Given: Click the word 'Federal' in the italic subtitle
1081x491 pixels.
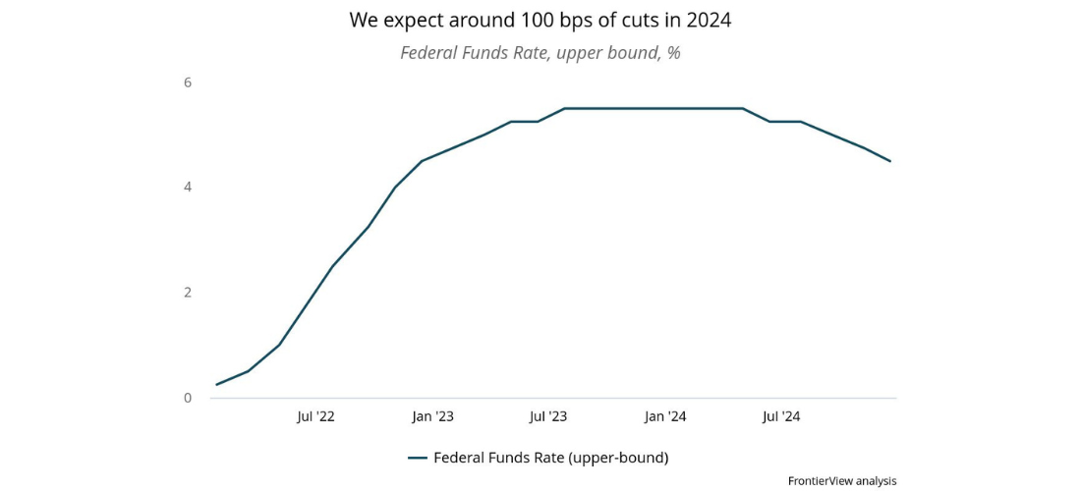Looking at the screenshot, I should click(x=430, y=53).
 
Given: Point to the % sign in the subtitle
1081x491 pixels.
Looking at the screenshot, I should click(x=673, y=53).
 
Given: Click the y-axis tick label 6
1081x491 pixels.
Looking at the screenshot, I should click(x=187, y=82).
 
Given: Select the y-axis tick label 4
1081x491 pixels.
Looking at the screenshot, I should click(x=187, y=188).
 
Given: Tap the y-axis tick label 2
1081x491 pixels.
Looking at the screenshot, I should click(x=187, y=293).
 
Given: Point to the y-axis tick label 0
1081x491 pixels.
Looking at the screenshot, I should click(x=187, y=398).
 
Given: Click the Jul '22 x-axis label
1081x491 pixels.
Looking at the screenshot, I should click(x=315, y=416).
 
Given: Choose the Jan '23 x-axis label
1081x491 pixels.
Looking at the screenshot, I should click(x=432, y=416).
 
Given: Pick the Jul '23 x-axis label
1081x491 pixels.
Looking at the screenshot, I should click(x=548, y=416).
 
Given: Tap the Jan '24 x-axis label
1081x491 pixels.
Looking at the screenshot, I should click(x=665, y=416).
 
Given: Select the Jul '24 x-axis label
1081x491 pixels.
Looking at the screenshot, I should click(x=781, y=416).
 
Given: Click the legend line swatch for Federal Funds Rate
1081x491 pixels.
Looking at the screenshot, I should click(x=417, y=458).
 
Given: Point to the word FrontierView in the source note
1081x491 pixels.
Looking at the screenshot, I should click(x=820, y=481).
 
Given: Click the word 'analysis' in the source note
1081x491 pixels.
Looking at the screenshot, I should click(x=876, y=481).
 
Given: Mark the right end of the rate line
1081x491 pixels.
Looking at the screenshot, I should click(x=890, y=161).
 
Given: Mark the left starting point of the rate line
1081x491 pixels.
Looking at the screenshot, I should click(x=216, y=384).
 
